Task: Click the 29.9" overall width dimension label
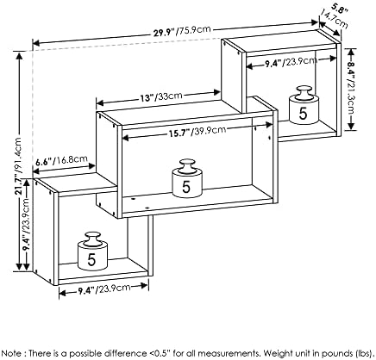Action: pyautogui.click(x=182, y=31)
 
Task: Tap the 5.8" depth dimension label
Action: pyautogui.click(x=341, y=8)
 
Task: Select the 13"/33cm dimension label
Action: pyautogui.click(x=161, y=96)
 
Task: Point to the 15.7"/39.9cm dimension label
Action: pyautogui.click(x=196, y=132)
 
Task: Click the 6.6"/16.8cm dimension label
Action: pyautogui.click(x=61, y=161)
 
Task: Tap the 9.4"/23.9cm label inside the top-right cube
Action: pyautogui.click(x=291, y=62)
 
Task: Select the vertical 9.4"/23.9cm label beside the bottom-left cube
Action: pyautogui.click(x=27, y=225)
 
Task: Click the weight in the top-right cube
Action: pyautogui.click(x=304, y=105)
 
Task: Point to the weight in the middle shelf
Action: pyautogui.click(x=187, y=178)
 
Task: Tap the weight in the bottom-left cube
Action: pyautogui.click(x=92, y=251)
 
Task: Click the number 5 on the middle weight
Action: pyautogui.click(x=186, y=187)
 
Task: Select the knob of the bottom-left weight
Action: pyautogui.click(x=92, y=237)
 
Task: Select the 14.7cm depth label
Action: pyautogui.click(x=334, y=19)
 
